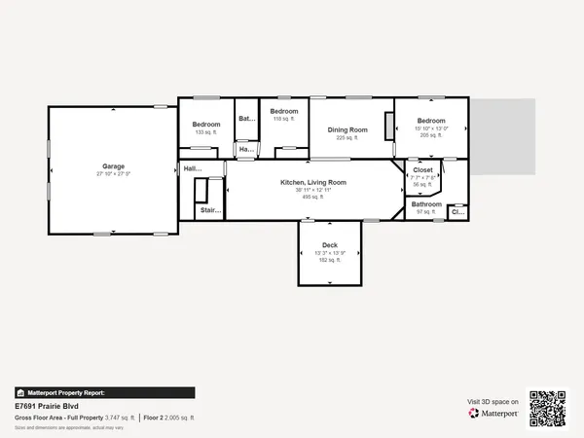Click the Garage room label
(x=113, y=166)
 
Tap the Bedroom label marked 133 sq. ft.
(x=205, y=125)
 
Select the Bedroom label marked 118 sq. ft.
(x=283, y=111)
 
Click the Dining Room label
(x=347, y=129)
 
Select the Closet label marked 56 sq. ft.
(x=423, y=170)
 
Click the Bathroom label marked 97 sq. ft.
(x=426, y=204)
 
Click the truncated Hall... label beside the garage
(x=192, y=168)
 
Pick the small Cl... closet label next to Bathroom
(x=457, y=209)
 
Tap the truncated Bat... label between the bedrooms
(x=246, y=119)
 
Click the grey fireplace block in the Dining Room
(x=388, y=128)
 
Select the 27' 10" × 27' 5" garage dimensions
(x=113, y=174)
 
